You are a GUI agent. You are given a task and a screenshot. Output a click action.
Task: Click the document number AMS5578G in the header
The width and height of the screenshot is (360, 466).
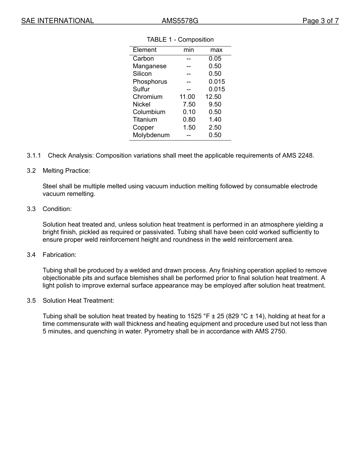click(x=180, y=21)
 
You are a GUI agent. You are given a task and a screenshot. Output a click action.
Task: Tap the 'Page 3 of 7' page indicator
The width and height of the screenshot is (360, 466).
click(x=320, y=21)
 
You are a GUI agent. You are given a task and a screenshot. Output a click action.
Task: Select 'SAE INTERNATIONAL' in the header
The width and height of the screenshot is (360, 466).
click(x=58, y=21)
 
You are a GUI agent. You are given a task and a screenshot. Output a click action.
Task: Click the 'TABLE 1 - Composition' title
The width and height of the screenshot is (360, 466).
click(x=180, y=39)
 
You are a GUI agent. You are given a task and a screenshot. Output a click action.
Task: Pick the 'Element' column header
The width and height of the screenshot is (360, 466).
click(x=144, y=50)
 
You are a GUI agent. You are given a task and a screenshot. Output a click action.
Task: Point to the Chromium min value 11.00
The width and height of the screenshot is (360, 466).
click(x=187, y=97)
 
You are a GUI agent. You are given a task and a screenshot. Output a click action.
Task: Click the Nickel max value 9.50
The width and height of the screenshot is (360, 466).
click(x=215, y=105)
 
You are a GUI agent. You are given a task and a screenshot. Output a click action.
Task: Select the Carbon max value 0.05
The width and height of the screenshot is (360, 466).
click(x=215, y=59)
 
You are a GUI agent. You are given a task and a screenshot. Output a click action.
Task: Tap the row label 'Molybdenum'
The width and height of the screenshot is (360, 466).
click(x=151, y=135)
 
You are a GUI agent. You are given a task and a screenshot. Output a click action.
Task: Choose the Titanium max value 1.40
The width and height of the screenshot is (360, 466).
click(x=215, y=120)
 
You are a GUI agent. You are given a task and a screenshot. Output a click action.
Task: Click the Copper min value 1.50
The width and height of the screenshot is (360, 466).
click(x=189, y=128)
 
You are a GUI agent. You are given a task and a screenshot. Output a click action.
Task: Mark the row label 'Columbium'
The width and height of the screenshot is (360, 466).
click(x=149, y=112)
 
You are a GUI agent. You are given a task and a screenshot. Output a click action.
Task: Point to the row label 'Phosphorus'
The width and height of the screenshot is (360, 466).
click(x=150, y=82)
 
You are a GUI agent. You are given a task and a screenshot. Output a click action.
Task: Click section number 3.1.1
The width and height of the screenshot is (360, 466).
click(x=34, y=155)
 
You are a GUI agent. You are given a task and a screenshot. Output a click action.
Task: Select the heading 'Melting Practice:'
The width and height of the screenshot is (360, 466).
click(x=66, y=171)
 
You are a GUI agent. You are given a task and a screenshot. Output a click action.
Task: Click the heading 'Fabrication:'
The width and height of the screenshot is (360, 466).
click(x=59, y=255)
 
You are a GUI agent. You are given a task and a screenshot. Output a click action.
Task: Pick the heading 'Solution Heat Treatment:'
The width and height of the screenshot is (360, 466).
click(x=78, y=301)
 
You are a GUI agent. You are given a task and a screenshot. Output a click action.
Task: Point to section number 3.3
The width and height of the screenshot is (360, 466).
click(x=31, y=209)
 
